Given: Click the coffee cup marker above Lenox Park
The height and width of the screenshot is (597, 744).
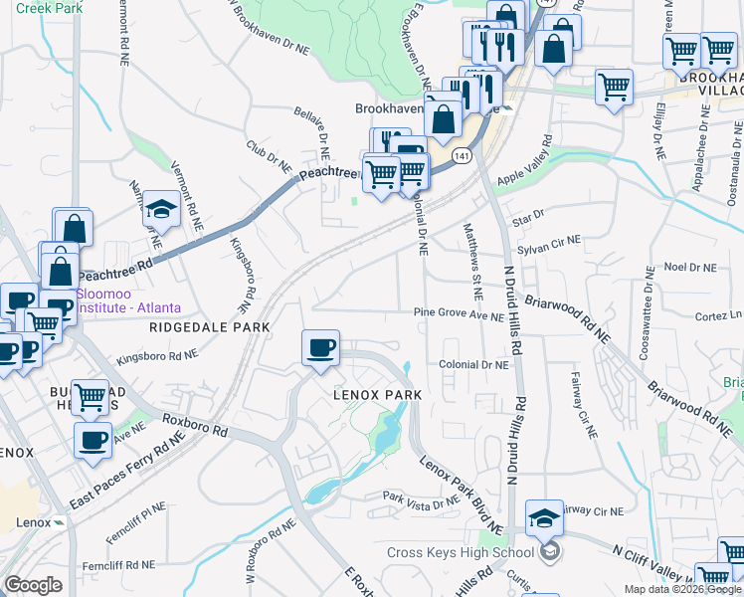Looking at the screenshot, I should [x=319, y=349].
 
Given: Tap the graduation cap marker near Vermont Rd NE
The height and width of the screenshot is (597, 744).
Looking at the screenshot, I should [x=158, y=210].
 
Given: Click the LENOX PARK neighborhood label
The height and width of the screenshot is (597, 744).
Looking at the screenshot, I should [x=377, y=395].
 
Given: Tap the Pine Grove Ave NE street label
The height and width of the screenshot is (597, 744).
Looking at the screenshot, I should [x=460, y=315].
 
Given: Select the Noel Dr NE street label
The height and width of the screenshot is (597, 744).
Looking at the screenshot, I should [x=689, y=268].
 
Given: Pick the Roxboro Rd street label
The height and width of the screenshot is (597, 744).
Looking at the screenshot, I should [x=198, y=432].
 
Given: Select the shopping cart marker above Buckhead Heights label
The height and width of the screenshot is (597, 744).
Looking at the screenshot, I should [x=91, y=398].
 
